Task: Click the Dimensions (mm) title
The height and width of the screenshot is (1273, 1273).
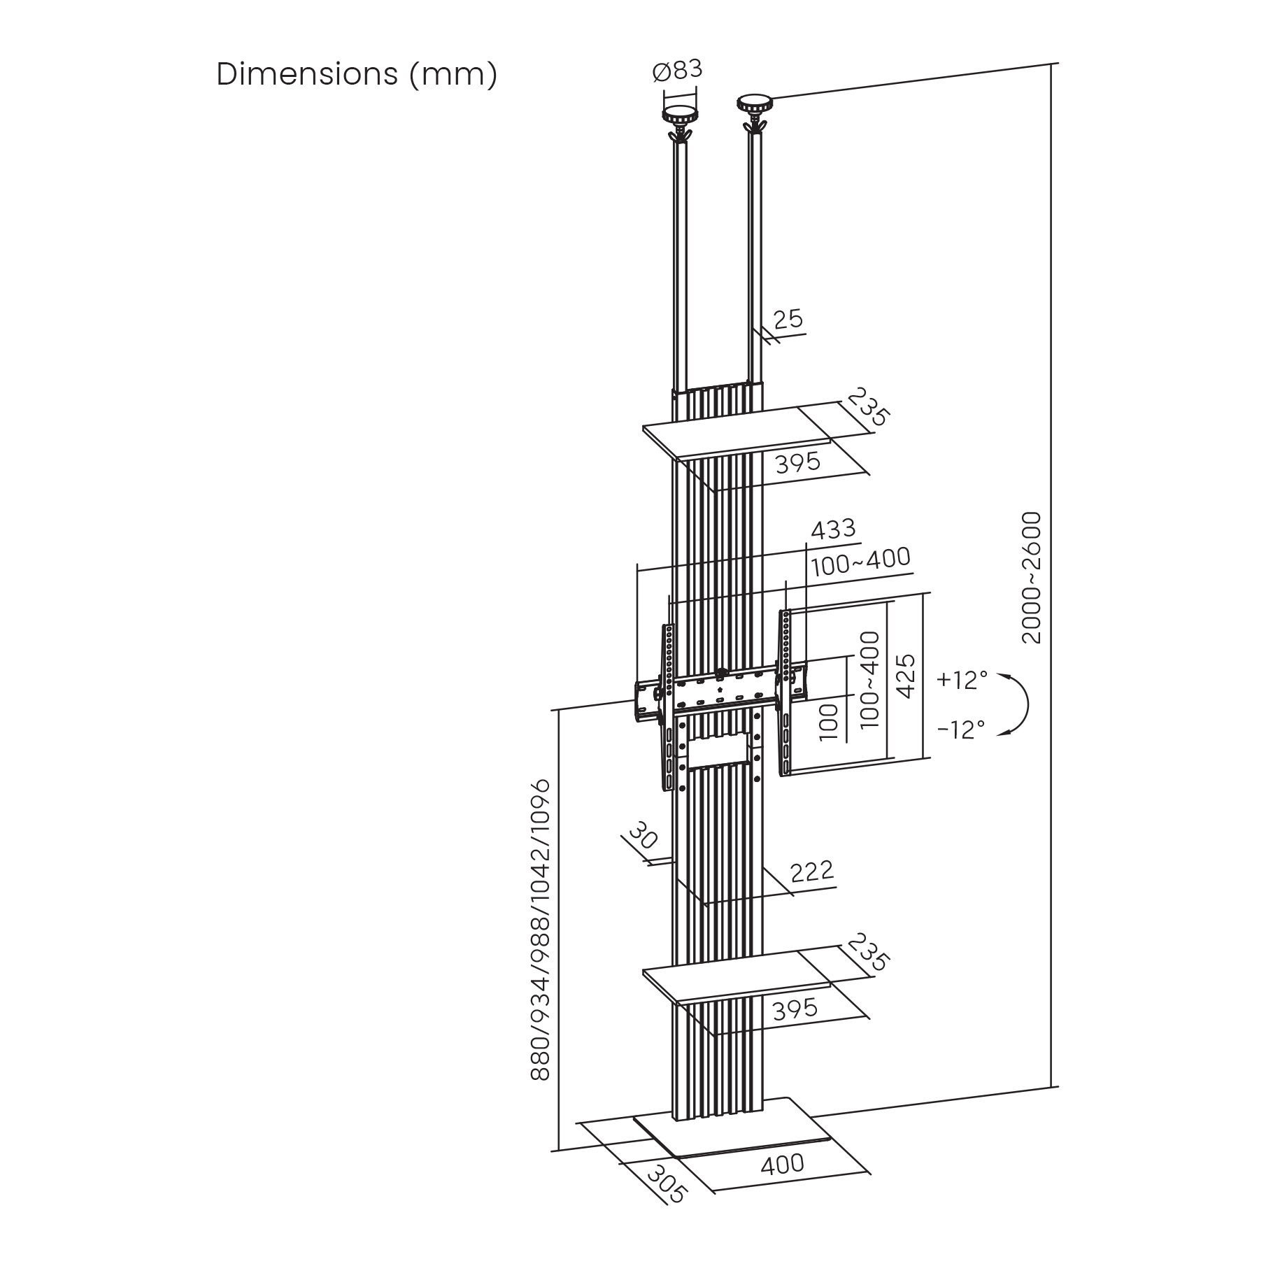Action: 357,74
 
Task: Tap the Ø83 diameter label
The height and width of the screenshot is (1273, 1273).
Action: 676,71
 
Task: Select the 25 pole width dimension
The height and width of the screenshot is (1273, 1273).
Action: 788,320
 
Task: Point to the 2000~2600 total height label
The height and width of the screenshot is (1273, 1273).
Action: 1032,577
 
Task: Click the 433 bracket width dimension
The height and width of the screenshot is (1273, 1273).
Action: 833,529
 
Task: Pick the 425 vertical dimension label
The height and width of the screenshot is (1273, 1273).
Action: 906,676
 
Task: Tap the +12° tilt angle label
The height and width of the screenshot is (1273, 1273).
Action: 962,680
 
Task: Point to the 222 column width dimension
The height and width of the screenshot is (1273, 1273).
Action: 812,871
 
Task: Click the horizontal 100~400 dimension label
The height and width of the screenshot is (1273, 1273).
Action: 860,559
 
